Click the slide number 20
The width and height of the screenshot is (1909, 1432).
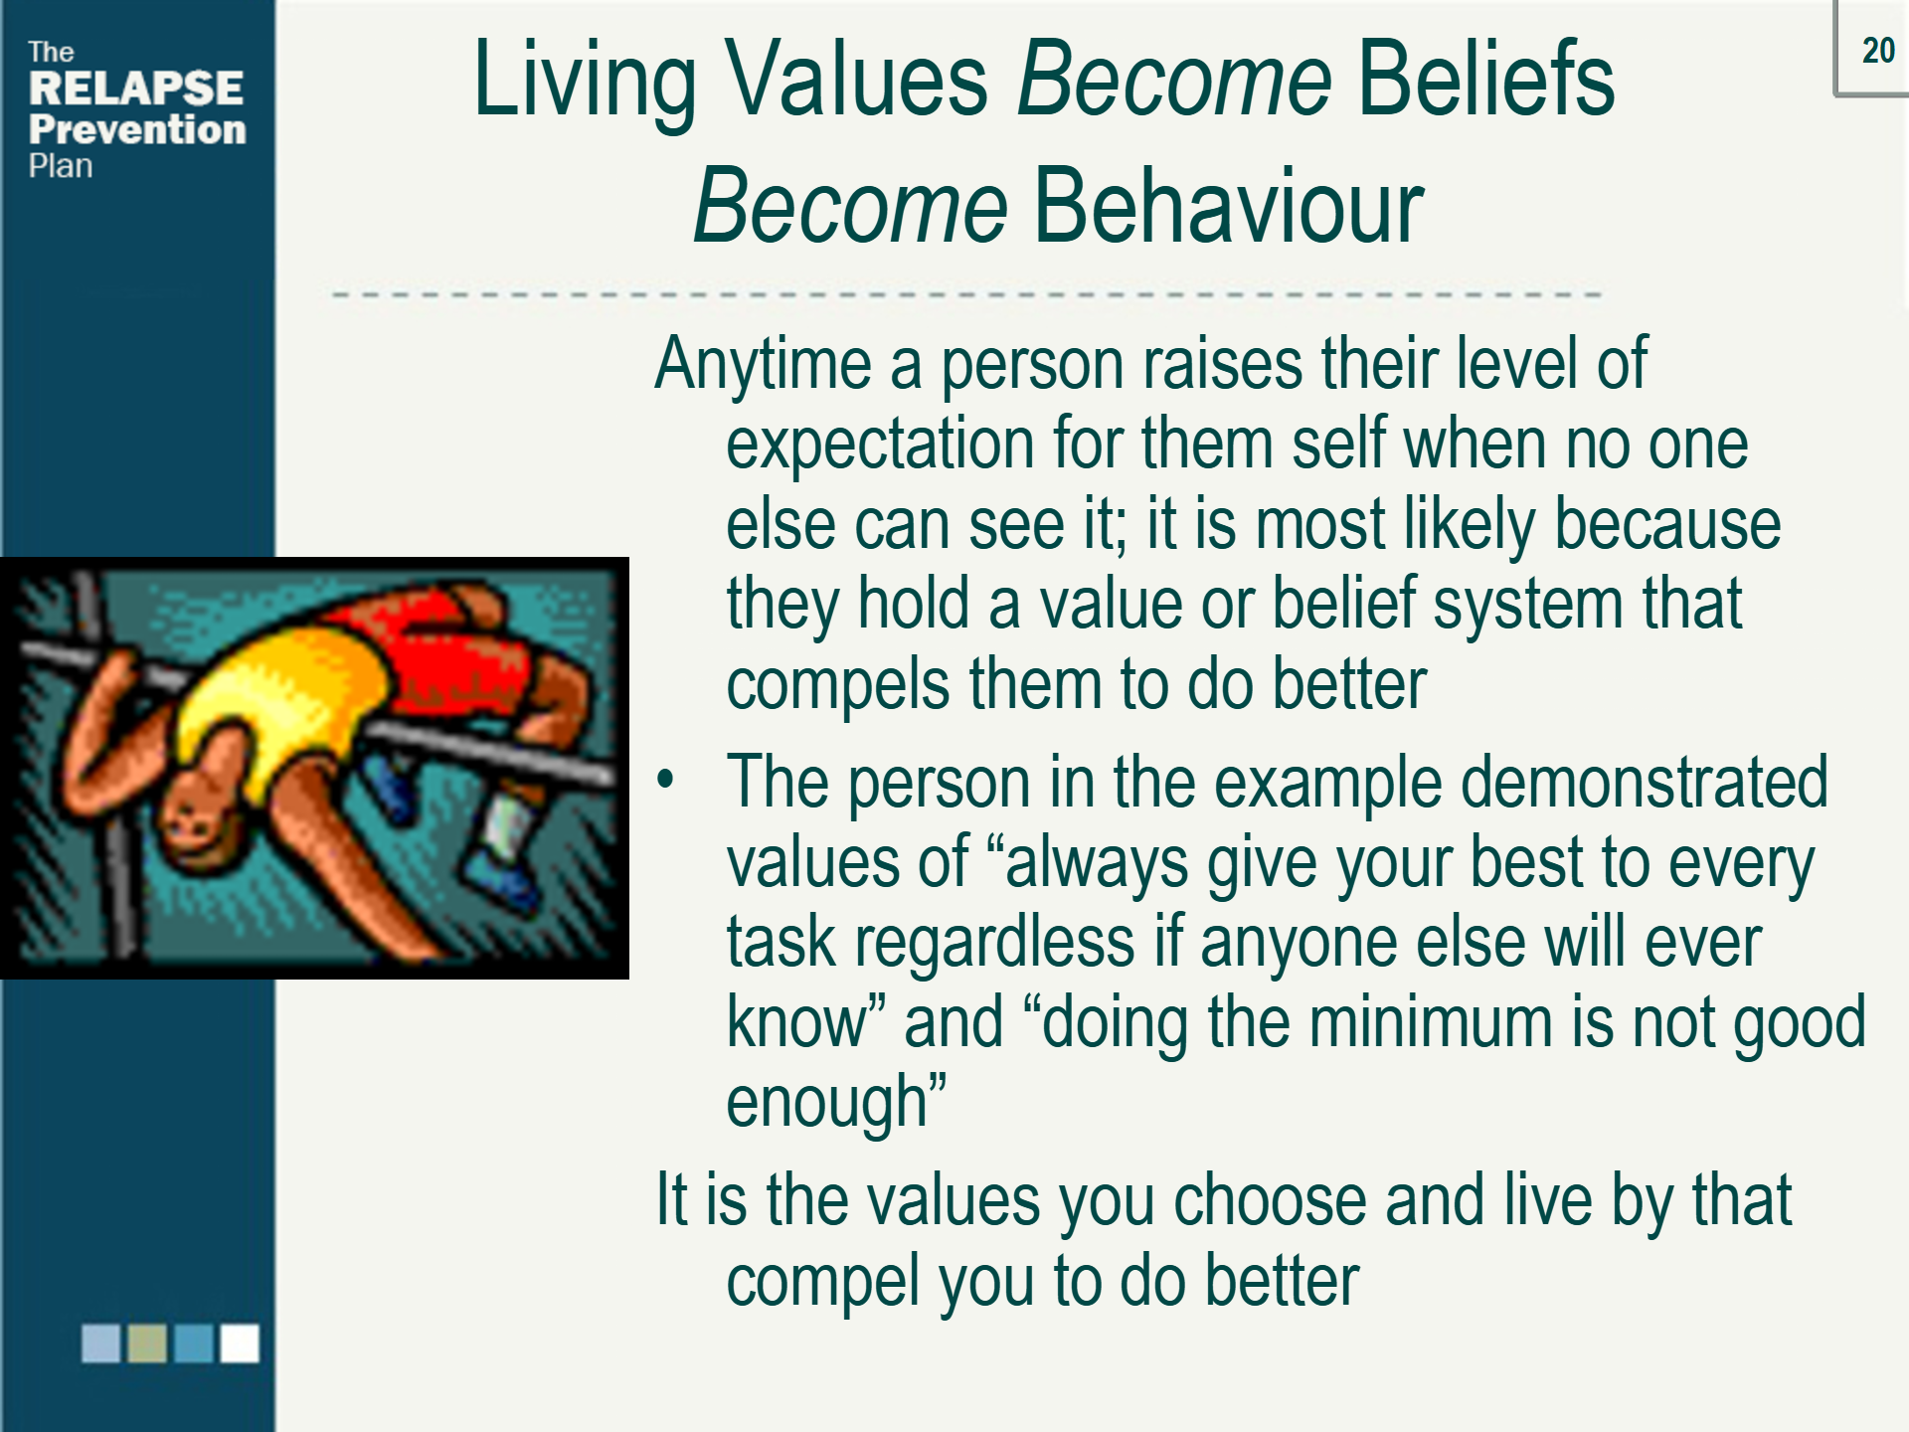pyautogui.click(x=1877, y=51)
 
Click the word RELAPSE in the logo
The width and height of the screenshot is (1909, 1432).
pyautogui.click(x=136, y=89)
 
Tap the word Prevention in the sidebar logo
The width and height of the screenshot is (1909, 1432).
pyautogui.click(x=137, y=129)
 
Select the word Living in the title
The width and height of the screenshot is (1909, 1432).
pyautogui.click(x=585, y=82)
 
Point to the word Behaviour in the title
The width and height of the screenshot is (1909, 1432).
pyautogui.click(x=1229, y=206)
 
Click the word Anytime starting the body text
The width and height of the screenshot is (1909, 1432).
pyautogui.click(x=763, y=364)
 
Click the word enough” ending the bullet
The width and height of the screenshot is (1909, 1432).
pyautogui.click(x=835, y=1103)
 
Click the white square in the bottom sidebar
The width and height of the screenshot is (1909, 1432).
pyautogui.click(x=240, y=1343)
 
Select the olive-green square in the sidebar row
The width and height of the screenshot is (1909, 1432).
pyautogui.click(x=147, y=1343)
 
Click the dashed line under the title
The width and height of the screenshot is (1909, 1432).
pyautogui.click(x=964, y=294)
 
